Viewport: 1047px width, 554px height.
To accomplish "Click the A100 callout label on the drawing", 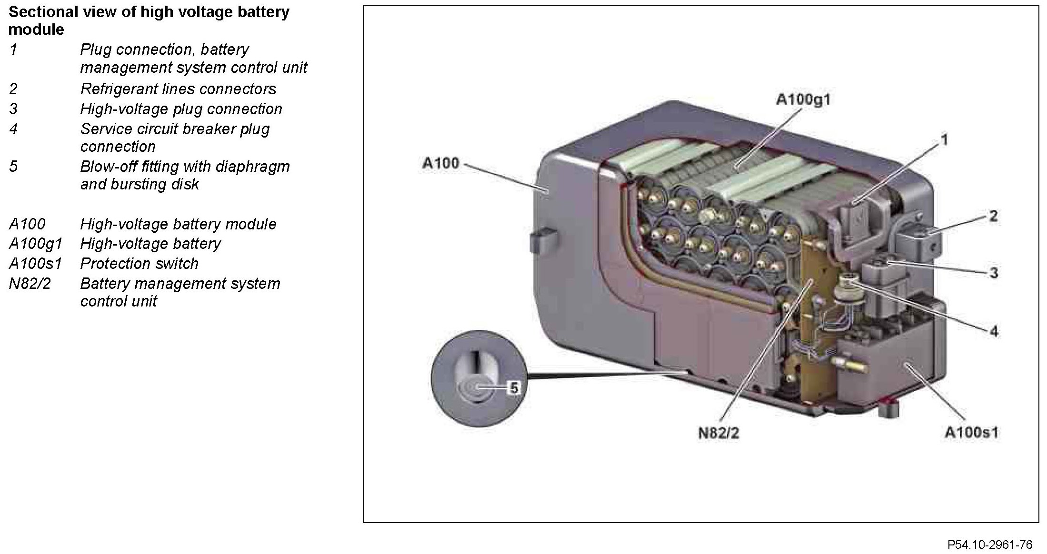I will pos(440,163).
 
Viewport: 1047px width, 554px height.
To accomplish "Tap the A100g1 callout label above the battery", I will pos(803,100).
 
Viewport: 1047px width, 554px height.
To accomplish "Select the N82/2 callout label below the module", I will pos(718,433).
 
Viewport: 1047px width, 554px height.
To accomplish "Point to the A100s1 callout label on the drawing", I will pos(971,433).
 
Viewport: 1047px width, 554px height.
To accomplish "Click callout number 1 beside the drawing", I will pos(944,140).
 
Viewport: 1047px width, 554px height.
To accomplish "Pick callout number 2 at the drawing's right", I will pos(993,216).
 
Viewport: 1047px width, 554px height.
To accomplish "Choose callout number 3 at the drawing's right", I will pos(994,273).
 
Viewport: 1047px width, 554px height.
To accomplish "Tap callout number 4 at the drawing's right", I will pos(994,331).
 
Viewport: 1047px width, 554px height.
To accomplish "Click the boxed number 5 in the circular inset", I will pos(514,388).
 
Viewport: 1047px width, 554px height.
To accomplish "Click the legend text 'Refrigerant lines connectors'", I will pos(178,89).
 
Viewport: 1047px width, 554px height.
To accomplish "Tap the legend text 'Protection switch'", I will pos(139,264).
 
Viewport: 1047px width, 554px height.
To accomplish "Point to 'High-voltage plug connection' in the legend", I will pos(181,109).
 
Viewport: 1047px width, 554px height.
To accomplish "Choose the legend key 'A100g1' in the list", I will pos(36,244).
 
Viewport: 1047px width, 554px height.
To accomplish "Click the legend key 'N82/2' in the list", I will pos(30,284).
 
